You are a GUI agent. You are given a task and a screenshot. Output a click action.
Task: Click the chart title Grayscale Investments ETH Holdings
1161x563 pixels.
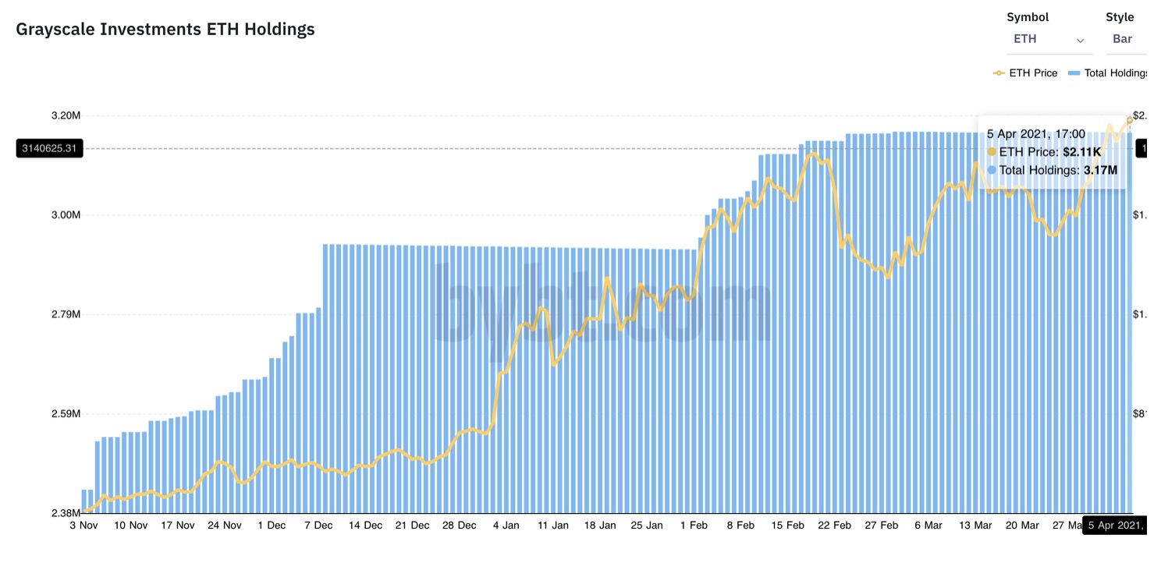point(165,30)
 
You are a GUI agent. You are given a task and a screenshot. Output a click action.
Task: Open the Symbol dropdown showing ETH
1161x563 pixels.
point(1046,39)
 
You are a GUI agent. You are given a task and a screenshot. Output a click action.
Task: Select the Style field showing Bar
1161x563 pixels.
point(1122,39)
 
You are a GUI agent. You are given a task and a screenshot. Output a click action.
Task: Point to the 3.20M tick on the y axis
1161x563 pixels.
point(66,115)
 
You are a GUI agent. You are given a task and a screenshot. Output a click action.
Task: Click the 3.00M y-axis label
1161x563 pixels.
point(66,215)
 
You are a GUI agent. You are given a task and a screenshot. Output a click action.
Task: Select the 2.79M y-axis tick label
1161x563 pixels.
point(66,314)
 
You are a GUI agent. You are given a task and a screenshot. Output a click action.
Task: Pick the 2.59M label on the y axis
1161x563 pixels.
point(66,414)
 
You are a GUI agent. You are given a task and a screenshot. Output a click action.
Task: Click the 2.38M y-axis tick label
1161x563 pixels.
point(66,513)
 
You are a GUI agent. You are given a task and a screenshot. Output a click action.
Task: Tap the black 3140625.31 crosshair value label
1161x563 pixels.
point(48,148)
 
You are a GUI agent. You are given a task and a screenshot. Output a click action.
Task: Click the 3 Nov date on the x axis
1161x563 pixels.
point(84,526)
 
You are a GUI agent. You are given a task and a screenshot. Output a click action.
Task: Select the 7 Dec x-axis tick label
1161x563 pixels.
point(318,526)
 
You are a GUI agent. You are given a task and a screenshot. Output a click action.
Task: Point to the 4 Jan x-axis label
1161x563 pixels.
point(506,526)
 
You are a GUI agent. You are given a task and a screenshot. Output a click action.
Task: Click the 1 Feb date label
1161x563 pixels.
point(694,526)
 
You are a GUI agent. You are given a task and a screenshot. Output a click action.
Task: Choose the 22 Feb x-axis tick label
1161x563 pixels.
point(834,526)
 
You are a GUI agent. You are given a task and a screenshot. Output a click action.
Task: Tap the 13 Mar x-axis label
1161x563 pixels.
point(975,526)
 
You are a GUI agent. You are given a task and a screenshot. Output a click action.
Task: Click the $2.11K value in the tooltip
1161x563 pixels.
point(1082,152)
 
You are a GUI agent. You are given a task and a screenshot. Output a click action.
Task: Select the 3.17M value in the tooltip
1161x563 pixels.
point(1100,170)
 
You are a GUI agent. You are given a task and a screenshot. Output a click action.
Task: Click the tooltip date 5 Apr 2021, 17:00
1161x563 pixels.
point(1035,134)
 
